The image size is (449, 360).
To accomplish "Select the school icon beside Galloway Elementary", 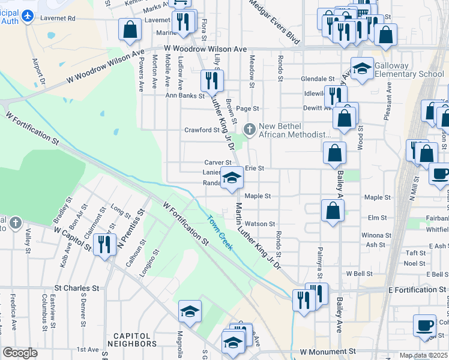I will pos(362,69).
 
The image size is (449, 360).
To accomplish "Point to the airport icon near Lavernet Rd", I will pos(27,17).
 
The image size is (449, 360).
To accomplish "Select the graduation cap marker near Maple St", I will pos(232,177).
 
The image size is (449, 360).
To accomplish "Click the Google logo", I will pos(20,353).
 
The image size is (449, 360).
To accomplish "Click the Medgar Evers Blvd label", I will pos(274,22).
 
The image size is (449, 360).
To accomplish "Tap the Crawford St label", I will pos(202,130).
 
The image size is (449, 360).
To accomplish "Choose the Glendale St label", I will pos(318,79).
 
